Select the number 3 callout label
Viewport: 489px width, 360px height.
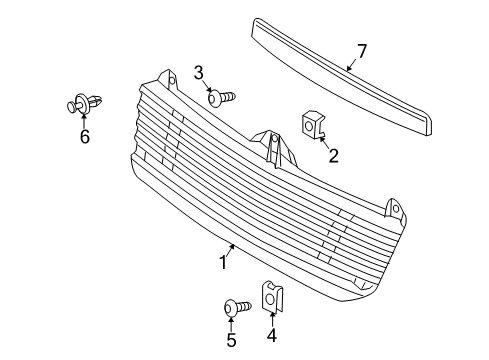199,72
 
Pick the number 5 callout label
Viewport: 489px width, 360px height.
231,340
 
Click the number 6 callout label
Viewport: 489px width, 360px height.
84,137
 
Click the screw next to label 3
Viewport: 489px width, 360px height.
220,97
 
